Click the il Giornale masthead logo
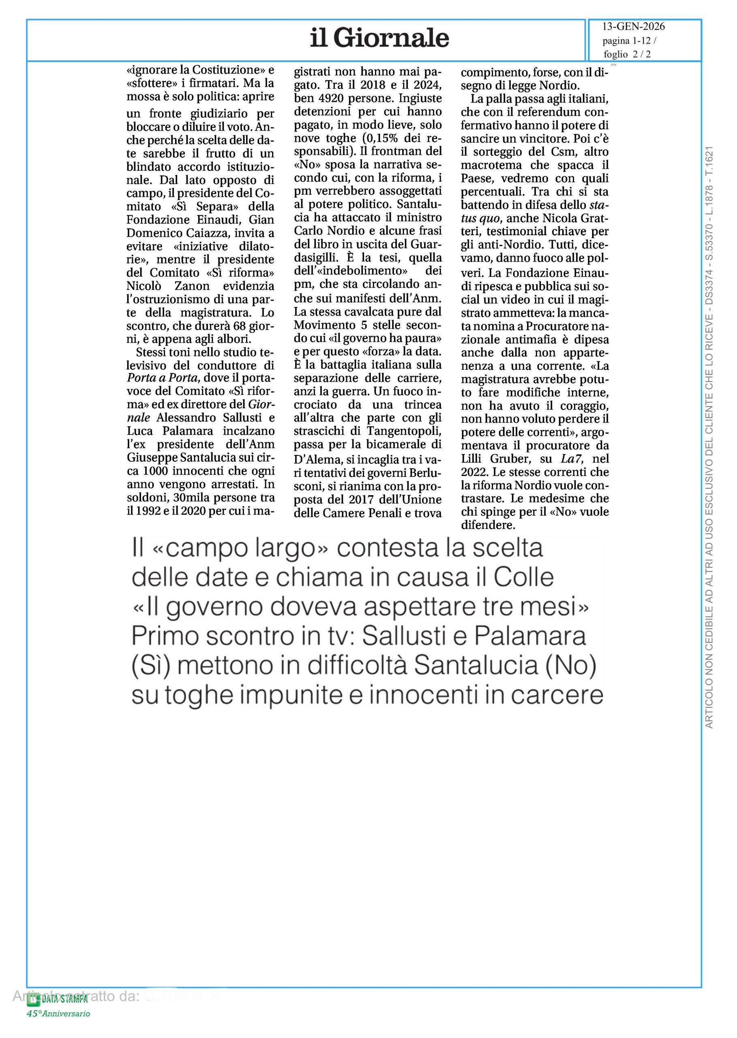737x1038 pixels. tap(379, 38)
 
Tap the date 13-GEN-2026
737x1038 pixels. tap(633, 27)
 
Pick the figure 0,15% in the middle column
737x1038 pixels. tap(384, 138)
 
